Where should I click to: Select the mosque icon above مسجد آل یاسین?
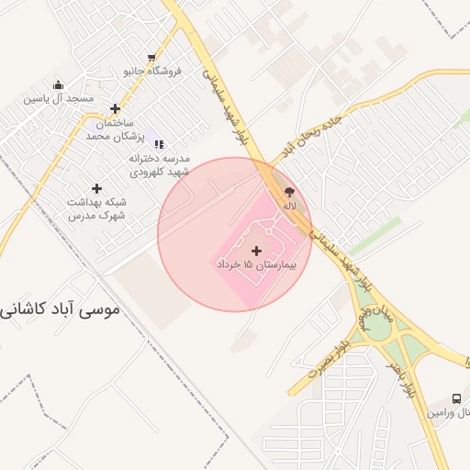tap(57, 82)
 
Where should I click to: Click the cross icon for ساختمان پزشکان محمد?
tap(115, 108)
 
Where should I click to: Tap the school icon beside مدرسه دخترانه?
tap(159, 143)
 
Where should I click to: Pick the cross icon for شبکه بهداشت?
tap(96, 188)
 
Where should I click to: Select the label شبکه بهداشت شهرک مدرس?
tap(96, 208)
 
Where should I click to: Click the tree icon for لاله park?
tap(289, 192)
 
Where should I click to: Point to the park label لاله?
tap(289, 206)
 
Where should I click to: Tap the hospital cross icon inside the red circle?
tap(255, 250)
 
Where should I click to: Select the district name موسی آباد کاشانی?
tap(61, 310)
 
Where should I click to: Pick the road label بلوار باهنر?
tap(405, 375)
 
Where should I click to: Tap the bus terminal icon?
tap(456, 399)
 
